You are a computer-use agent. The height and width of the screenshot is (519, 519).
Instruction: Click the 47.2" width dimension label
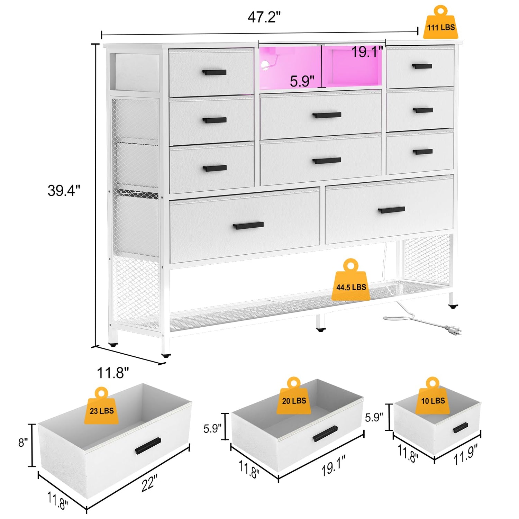coord(264,17)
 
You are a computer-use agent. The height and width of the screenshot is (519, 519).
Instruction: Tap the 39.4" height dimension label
coord(64,191)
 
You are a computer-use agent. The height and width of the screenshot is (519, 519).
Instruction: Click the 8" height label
coord(23,442)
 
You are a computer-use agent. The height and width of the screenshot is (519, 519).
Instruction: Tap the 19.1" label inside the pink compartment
coord(367,52)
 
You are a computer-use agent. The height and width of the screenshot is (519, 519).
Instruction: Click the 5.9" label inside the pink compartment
coord(302,81)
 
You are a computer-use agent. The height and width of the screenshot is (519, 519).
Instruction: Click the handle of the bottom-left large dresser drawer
coord(248,226)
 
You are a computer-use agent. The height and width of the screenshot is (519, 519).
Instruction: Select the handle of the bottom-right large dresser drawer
coord(391,210)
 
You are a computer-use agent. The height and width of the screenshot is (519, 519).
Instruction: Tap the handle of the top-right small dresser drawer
coord(422,66)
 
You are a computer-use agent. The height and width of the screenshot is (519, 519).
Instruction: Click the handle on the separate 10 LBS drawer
coord(461,428)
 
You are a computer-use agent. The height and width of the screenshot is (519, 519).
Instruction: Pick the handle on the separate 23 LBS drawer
coord(148,446)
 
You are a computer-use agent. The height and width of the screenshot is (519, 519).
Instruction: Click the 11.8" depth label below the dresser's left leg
coord(113,373)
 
